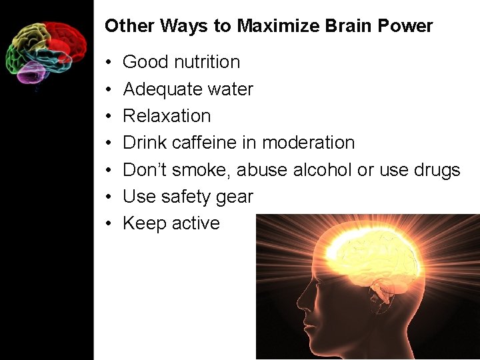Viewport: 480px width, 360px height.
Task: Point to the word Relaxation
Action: coord(167,116)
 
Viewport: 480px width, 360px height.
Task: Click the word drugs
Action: coord(434,170)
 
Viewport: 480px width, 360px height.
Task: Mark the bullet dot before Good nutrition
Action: coord(108,63)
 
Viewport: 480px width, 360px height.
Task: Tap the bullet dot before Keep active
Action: coord(108,224)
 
